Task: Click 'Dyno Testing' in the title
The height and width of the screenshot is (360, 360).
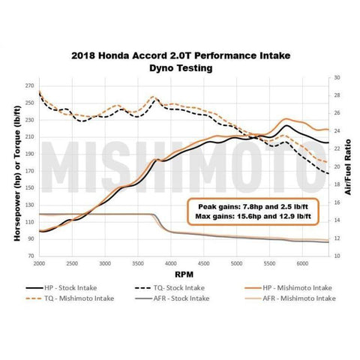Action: (181, 67)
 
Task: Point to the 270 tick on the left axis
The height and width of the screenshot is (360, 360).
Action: (30, 86)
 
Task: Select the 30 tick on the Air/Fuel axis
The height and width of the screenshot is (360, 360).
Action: (337, 77)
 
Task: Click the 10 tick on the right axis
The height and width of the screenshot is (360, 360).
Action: (337, 256)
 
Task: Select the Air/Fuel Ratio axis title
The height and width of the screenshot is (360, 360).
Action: (349, 166)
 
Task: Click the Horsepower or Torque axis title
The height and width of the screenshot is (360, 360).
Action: (16, 166)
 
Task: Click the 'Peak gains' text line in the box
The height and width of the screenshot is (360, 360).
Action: (254, 205)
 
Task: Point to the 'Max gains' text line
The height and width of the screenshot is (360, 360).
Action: (254, 217)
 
